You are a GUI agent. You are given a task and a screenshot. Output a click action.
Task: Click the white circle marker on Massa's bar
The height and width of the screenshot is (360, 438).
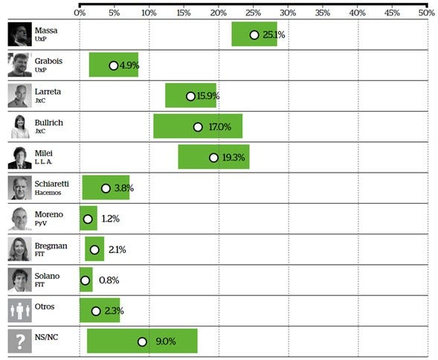click(x=254, y=35)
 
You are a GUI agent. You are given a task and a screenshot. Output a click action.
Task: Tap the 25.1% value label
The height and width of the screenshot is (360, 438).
click(x=274, y=35)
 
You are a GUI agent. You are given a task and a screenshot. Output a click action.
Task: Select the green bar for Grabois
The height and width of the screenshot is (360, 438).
click(x=114, y=65)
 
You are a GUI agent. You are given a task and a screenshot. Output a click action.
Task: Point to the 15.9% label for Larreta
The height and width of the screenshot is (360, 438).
click(x=208, y=96)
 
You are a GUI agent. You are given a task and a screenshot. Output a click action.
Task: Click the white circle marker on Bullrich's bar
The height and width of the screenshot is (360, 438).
click(x=198, y=127)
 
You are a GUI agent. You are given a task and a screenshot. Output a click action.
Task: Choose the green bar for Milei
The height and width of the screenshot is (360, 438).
click(x=213, y=157)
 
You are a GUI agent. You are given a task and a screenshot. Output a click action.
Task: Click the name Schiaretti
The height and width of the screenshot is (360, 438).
click(x=51, y=184)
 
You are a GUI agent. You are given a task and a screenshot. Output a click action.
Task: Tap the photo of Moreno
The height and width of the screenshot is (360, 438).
click(x=20, y=219)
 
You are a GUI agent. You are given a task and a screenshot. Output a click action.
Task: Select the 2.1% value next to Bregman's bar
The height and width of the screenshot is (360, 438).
click(x=117, y=249)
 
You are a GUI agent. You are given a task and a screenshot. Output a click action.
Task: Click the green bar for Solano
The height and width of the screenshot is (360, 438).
click(x=86, y=280)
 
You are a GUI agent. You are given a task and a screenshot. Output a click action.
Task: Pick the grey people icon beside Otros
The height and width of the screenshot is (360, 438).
click(x=20, y=310)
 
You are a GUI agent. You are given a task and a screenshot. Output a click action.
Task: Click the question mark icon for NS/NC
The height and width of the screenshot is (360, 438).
click(x=20, y=341)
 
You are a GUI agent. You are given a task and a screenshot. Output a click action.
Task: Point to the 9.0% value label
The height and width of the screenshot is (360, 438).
click(x=166, y=341)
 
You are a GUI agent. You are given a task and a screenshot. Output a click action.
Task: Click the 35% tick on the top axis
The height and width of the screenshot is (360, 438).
click(x=323, y=13)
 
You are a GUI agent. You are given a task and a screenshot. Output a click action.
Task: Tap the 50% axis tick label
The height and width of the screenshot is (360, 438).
click(x=427, y=13)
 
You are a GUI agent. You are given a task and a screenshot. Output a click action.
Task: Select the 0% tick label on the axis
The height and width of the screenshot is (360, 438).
click(x=80, y=13)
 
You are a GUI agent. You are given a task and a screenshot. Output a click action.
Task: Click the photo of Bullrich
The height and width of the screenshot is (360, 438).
click(x=20, y=126)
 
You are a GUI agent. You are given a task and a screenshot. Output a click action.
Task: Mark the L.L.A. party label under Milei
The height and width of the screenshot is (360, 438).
click(x=43, y=161)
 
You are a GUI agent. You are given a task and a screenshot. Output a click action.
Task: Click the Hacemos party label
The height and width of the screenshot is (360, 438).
click(x=48, y=193)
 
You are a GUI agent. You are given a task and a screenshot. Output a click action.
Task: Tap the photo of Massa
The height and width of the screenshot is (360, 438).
click(x=20, y=34)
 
